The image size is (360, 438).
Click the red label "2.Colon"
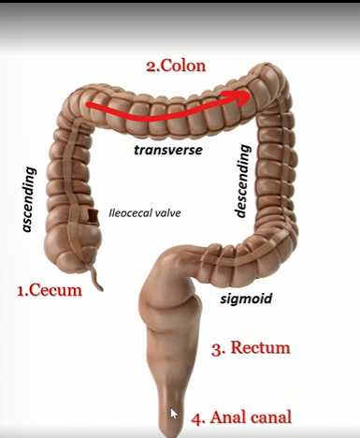point(175,66)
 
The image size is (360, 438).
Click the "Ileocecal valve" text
point(144,212)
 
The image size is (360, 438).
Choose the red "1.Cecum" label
point(50,290)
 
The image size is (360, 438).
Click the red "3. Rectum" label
point(250,348)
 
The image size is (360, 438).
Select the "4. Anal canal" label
point(241,417)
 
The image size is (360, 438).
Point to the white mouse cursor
point(174,413)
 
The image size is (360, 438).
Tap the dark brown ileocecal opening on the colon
point(94,217)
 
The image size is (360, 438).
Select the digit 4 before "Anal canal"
point(197,417)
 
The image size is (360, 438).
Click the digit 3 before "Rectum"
point(216,348)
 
